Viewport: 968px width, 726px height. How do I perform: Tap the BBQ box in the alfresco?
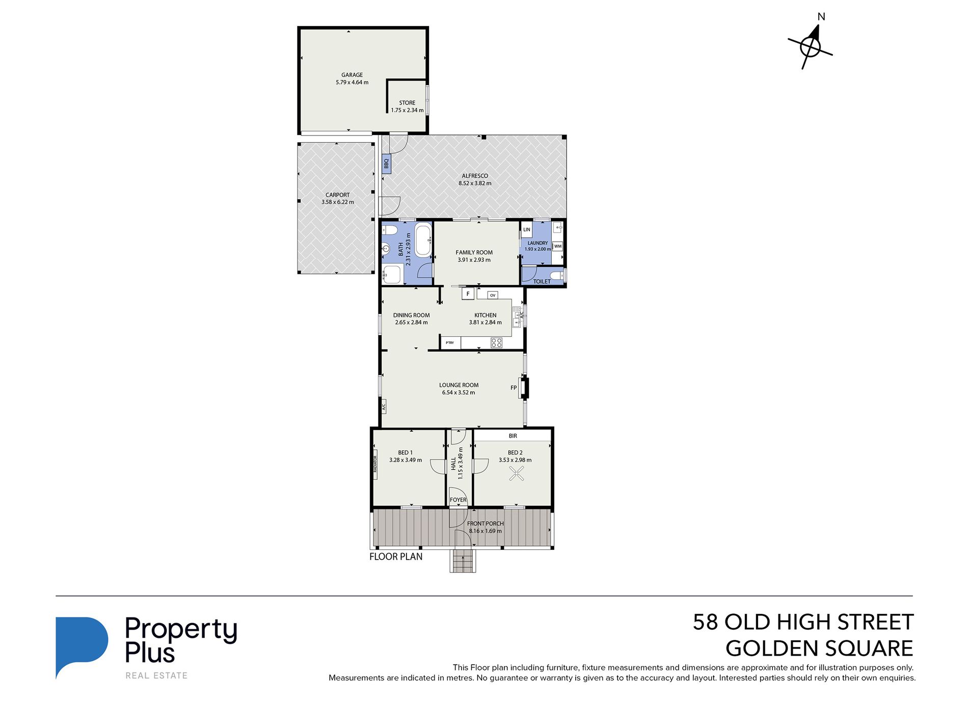[386, 164]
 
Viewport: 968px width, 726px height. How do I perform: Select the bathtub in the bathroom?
[423, 239]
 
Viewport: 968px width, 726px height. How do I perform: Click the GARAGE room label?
[352, 75]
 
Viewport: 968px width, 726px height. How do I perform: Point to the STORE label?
[407, 103]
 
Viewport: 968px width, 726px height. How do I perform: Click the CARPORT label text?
[338, 195]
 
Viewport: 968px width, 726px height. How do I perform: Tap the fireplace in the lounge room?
[524, 388]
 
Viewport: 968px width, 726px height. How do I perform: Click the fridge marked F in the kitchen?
[468, 294]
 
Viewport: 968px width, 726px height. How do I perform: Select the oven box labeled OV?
[492, 295]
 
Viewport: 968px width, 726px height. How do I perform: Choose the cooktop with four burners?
[496, 342]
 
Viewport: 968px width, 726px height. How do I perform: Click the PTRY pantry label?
[450, 343]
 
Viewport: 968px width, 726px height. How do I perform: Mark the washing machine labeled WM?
[558, 247]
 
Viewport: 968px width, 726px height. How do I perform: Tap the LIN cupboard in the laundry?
[527, 230]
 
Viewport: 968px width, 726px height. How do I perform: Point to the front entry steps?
[463, 561]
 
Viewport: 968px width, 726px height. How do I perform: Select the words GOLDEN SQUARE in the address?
[819, 649]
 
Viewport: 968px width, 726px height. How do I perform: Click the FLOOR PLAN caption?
[396, 557]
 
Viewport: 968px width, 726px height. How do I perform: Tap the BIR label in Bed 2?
[513, 436]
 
